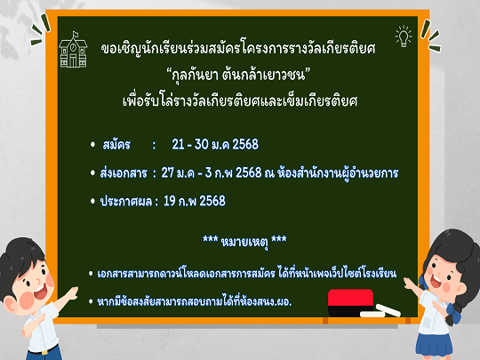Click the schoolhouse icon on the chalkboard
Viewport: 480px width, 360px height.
pos(73,50)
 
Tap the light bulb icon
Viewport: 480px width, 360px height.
pos(404,36)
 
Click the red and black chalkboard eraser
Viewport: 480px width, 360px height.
pos(350,302)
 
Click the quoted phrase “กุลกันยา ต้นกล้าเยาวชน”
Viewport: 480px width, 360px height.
pos(238,75)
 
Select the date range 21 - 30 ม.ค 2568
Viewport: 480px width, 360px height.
pos(215,145)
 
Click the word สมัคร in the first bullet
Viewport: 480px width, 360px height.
pos(116,145)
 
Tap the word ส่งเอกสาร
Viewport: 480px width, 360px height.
pos(124,173)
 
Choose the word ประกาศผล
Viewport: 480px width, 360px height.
pos(126,202)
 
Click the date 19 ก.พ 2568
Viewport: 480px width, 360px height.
pos(195,201)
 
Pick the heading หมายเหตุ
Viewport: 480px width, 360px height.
pos(244,242)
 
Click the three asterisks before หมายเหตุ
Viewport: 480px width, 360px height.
pos(211,238)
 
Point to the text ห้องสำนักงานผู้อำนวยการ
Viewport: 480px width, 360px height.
pos(338,173)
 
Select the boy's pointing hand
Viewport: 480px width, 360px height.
pos(72,293)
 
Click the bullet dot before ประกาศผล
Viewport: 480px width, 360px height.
pos(92,201)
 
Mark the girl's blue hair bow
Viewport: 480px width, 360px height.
pos(454,311)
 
